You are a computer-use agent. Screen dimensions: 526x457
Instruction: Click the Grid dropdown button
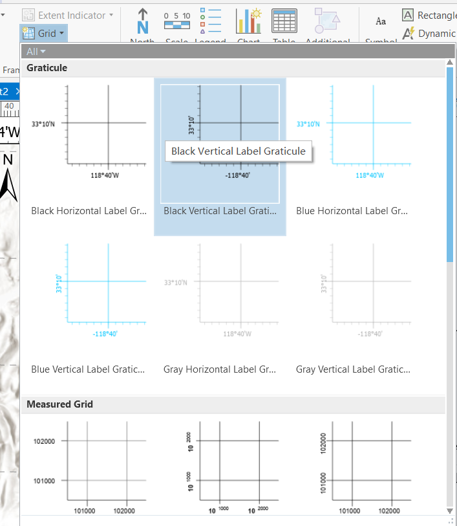[43, 33]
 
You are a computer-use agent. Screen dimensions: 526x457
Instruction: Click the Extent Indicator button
[68, 14]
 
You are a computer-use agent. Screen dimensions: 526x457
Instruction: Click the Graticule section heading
[47, 68]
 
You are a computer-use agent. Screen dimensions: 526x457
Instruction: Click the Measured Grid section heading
[59, 404]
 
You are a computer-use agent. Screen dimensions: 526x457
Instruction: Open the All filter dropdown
[36, 52]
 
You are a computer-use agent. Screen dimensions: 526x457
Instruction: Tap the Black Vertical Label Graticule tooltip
[238, 151]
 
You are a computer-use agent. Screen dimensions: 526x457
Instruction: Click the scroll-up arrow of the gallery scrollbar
[450, 61]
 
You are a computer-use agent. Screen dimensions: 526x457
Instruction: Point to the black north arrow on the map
[8, 181]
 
